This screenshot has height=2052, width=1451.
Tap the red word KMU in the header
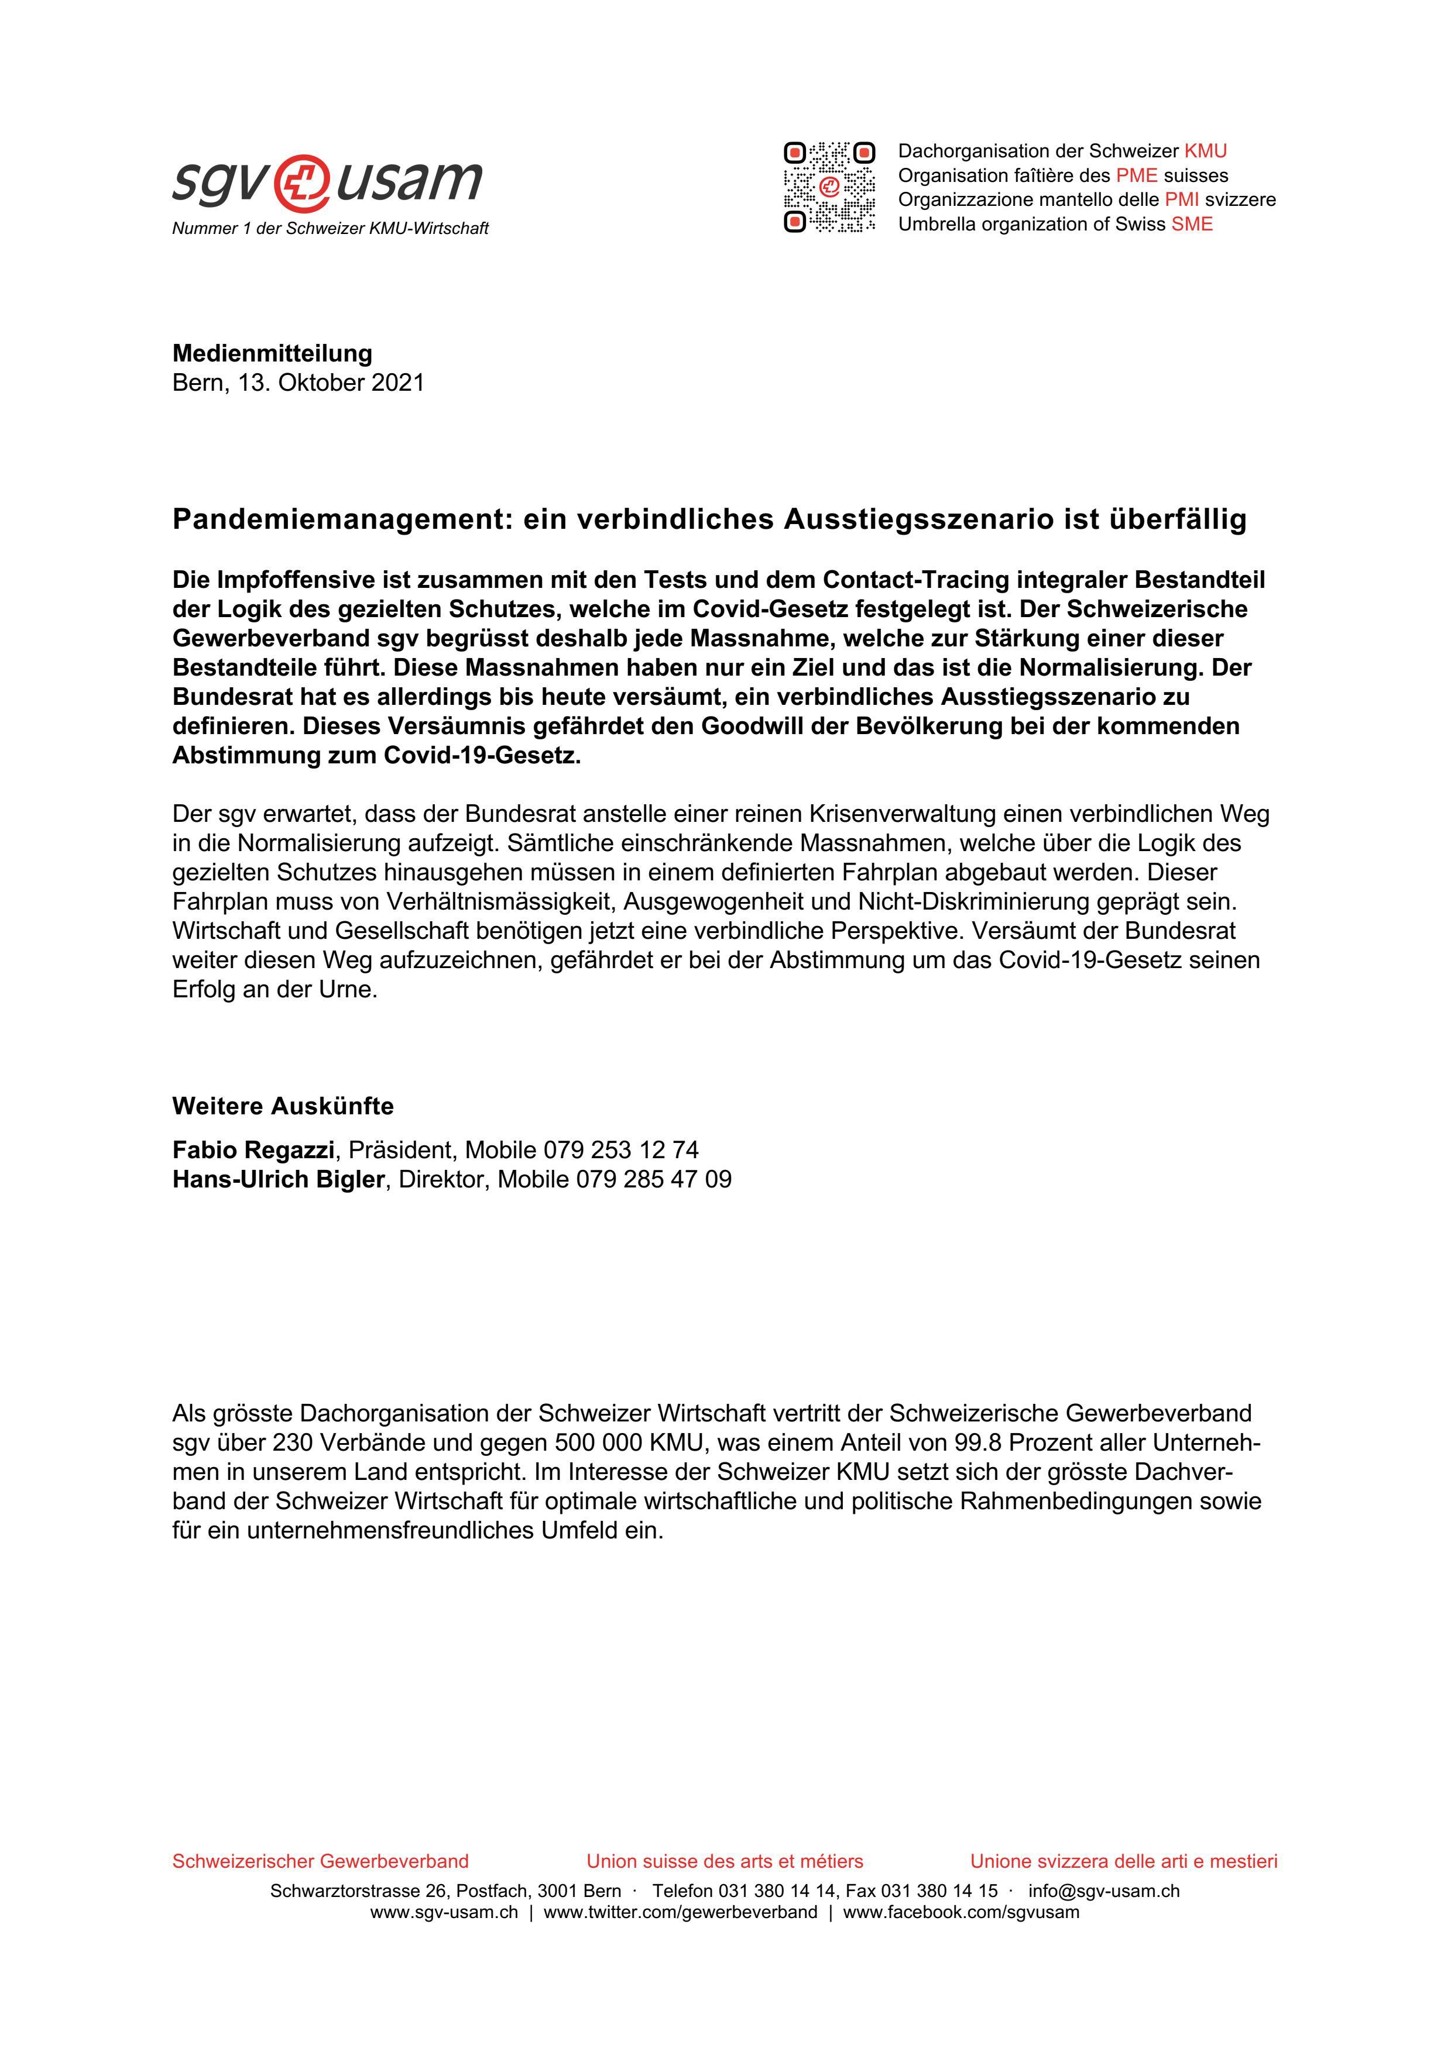pyautogui.click(x=1205, y=151)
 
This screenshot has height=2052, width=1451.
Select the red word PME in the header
pyautogui.click(x=1136, y=175)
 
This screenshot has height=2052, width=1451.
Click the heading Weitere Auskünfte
pyautogui.click(x=283, y=1107)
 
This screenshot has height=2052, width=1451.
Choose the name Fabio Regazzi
pyautogui.click(x=253, y=1149)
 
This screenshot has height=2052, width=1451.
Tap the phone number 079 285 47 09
pyautogui.click(x=654, y=1180)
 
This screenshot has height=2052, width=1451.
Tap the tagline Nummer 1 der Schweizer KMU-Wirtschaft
pyautogui.click(x=330, y=229)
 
